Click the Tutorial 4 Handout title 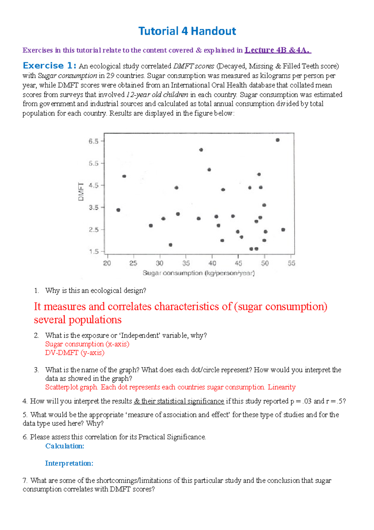(187, 31)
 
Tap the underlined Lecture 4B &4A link (278, 50)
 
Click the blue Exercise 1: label (50, 66)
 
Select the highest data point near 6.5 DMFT (278, 140)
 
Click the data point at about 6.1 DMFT (201, 150)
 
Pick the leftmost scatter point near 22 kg (118, 210)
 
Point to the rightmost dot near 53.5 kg (283, 230)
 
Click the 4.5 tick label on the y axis (93, 185)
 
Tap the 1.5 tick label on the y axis (93, 252)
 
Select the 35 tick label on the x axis (186, 263)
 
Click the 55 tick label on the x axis (291, 263)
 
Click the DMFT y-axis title (81, 192)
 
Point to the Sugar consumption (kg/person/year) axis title (199, 273)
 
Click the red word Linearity (281, 387)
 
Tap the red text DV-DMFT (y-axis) (75, 353)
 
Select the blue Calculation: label (65, 446)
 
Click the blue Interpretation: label (69, 463)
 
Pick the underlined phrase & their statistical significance (179, 401)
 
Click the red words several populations (78, 320)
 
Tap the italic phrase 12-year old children (157, 95)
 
